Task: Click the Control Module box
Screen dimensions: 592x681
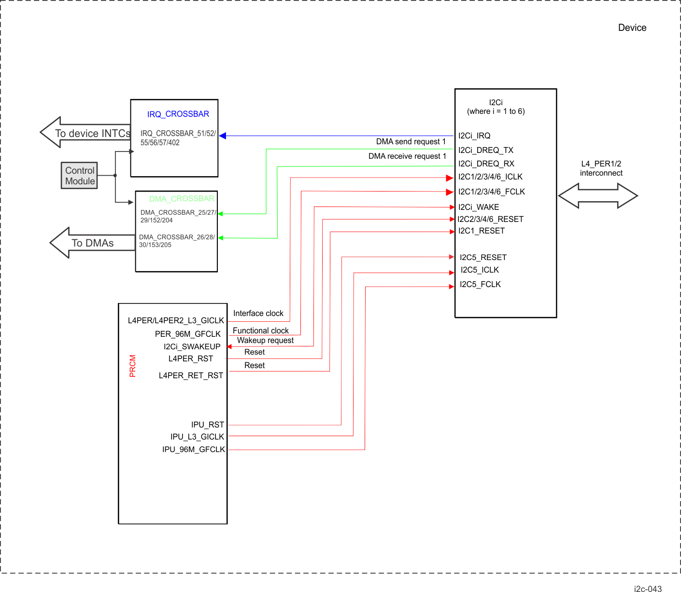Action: coord(79,176)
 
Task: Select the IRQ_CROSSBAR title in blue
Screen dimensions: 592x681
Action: coord(178,114)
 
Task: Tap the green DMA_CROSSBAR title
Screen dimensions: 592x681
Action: coord(182,199)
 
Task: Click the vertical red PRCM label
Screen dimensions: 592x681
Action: coord(133,366)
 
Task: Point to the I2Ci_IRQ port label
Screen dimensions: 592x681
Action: coord(474,136)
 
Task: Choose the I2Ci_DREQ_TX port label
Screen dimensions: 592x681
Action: coord(486,150)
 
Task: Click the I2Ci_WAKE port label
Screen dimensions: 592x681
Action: coord(479,207)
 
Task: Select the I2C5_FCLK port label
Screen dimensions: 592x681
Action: coord(480,284)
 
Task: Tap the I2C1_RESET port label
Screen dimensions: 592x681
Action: coord(482,231)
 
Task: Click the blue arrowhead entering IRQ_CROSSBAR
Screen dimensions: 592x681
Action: coord(223,136)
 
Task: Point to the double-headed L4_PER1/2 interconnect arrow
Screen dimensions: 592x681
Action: coord(598,196)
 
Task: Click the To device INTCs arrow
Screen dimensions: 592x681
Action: coord(85,133)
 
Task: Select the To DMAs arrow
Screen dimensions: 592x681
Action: coord(92,243)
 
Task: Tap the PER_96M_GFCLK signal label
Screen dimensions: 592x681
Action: coord(188,334)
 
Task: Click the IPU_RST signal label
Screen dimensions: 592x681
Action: coord(208,425)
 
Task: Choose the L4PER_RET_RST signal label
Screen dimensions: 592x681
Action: coord(191,375)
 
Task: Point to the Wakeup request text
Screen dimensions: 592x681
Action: coord(265,340)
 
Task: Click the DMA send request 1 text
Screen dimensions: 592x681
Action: coord(411,141)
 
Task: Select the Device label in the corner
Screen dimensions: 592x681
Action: coord(632,28)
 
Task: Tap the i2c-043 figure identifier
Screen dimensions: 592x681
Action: coord(648,589)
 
